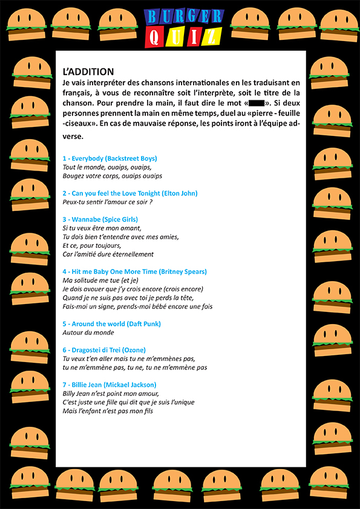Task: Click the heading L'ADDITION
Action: (88, 71)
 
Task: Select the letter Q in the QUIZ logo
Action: (155, 37)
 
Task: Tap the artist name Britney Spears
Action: (184, 272)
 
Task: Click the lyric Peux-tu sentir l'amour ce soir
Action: (107, 202)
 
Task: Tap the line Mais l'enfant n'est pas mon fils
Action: (108, 412)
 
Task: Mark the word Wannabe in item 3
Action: (85, 219)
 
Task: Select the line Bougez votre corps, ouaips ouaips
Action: (113, 176)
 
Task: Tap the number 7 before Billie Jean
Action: (65, 385)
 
